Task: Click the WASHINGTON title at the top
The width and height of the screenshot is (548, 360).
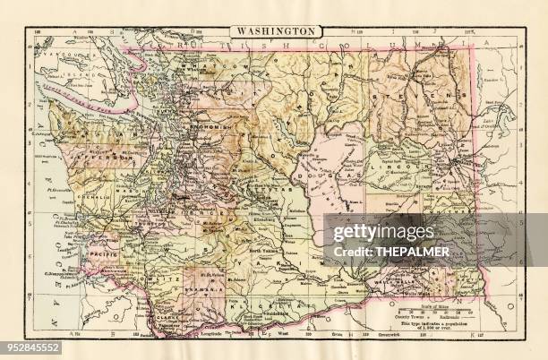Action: click(276, 30)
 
